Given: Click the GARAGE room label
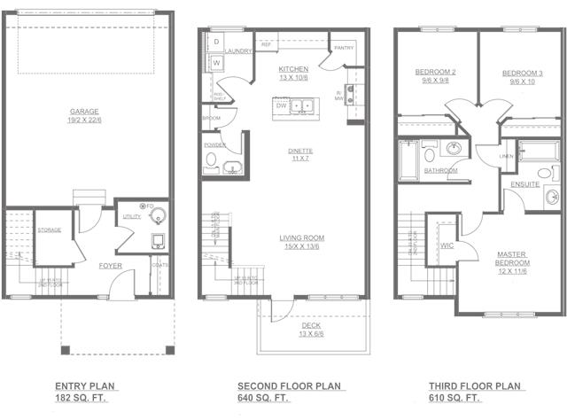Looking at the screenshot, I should click(84, 113).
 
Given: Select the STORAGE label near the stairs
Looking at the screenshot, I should click(50, 229).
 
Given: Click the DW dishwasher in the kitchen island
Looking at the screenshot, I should click(281, 105).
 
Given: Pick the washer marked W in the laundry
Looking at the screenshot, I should click(215, 63).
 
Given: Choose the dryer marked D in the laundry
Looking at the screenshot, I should click(215, 42).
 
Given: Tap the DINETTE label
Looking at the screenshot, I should click(299, 152).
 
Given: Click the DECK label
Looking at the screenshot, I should click(311, 325).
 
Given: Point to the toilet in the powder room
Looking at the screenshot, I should click(211, 161).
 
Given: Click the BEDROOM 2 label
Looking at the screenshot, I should click(435, 72).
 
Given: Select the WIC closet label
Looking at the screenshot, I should click(447, 245).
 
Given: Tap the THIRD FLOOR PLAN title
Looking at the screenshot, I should click(476, 386).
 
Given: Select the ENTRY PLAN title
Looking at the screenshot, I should click(85, 386).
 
